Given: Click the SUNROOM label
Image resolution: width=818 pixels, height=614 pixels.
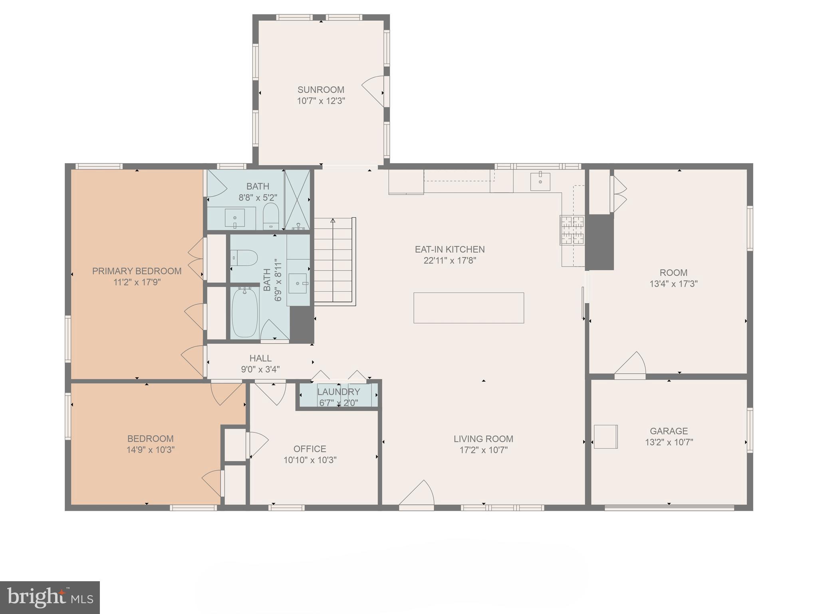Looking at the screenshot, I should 321,90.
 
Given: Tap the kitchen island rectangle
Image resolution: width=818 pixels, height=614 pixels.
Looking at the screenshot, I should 469,308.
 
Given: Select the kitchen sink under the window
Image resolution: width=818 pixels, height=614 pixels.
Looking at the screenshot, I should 540,182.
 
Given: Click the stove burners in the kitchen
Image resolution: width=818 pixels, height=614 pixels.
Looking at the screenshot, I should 572,230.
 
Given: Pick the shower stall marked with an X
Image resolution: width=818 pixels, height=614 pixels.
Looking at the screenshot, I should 297,200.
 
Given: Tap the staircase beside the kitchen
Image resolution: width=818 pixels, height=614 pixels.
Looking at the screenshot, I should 334,262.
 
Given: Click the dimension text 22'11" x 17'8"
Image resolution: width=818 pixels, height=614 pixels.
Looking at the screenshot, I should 450,261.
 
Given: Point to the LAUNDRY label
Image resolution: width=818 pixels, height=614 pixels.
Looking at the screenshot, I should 339,392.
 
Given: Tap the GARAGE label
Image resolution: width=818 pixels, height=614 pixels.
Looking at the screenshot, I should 669,431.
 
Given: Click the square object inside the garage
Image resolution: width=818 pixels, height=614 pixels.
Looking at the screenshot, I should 606,437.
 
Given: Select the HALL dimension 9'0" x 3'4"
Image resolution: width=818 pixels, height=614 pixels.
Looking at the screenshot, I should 260,369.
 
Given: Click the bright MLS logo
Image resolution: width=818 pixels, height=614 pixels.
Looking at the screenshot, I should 50,597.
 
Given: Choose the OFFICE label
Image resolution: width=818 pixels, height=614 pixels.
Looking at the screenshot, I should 310,449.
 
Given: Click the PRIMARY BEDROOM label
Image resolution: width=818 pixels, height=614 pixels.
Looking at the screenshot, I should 137,271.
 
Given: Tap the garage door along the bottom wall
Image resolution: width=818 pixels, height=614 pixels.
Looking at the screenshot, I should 669,508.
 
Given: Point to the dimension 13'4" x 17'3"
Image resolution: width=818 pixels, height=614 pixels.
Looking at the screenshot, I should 673,284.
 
